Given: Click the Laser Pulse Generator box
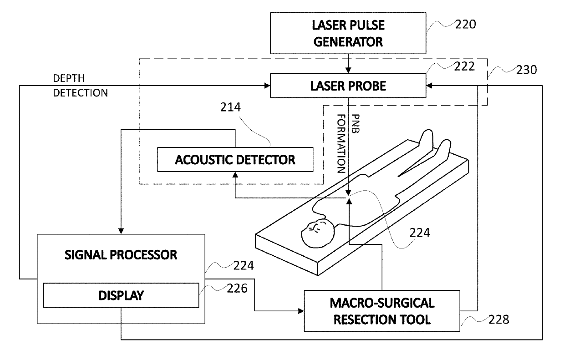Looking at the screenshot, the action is pos(348,33).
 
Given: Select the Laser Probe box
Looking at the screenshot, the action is pos(348,86).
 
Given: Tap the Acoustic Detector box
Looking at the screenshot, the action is pos(235,160).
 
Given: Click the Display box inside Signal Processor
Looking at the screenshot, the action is pos(121,295).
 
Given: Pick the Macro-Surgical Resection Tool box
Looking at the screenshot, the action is pos(382,311).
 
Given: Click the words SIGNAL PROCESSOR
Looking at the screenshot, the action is pos(121,255).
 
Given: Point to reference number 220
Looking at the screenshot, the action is pos(466,25).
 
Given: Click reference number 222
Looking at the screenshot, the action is pos(464,66).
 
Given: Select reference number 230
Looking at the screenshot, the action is pos(527,70).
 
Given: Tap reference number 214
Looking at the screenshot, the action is pos(230,107).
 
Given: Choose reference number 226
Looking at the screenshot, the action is pos(237,289).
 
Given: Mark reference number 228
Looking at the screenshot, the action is pos(499,319).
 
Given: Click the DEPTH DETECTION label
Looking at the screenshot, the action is pos(80,86).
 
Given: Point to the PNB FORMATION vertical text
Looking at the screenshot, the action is pos(349,144).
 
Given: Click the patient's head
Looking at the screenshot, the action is pos(318,233).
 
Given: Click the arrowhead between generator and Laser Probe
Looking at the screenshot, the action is pos(348,70).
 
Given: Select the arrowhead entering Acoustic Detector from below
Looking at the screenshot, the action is pos(235,175).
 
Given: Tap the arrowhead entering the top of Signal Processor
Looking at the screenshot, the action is pos(121,231).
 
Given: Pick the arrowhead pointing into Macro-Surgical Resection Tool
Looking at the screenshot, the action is pos(301,311).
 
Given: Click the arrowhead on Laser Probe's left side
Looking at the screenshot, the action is pos(267,86).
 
